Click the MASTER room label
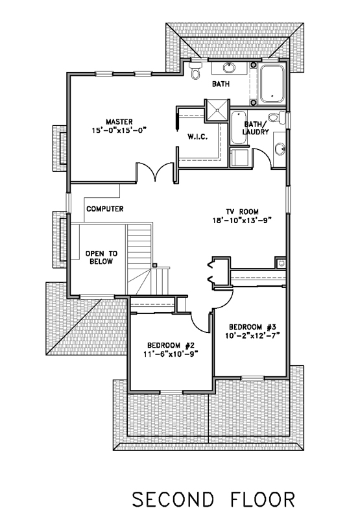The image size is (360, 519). [119, 122]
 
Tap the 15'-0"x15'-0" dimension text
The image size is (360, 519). [119, 130]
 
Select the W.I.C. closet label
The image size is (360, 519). [198, 136]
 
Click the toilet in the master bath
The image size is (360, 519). [195, 70]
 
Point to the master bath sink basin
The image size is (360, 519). [229, 68]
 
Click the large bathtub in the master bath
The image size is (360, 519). [272, 84]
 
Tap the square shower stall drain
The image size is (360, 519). [217, 110]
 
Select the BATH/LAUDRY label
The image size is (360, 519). [256, 128]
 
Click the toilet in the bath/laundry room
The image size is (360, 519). [276, 118]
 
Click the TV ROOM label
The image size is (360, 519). [243, 212]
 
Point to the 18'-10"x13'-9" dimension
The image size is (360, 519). [243, 221]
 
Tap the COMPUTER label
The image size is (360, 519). [105, 209]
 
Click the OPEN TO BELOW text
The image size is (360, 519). [101, 258]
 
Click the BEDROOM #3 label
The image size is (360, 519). [252, 328]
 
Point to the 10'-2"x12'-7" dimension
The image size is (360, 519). [252, 335]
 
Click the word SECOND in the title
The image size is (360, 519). [173, 500]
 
